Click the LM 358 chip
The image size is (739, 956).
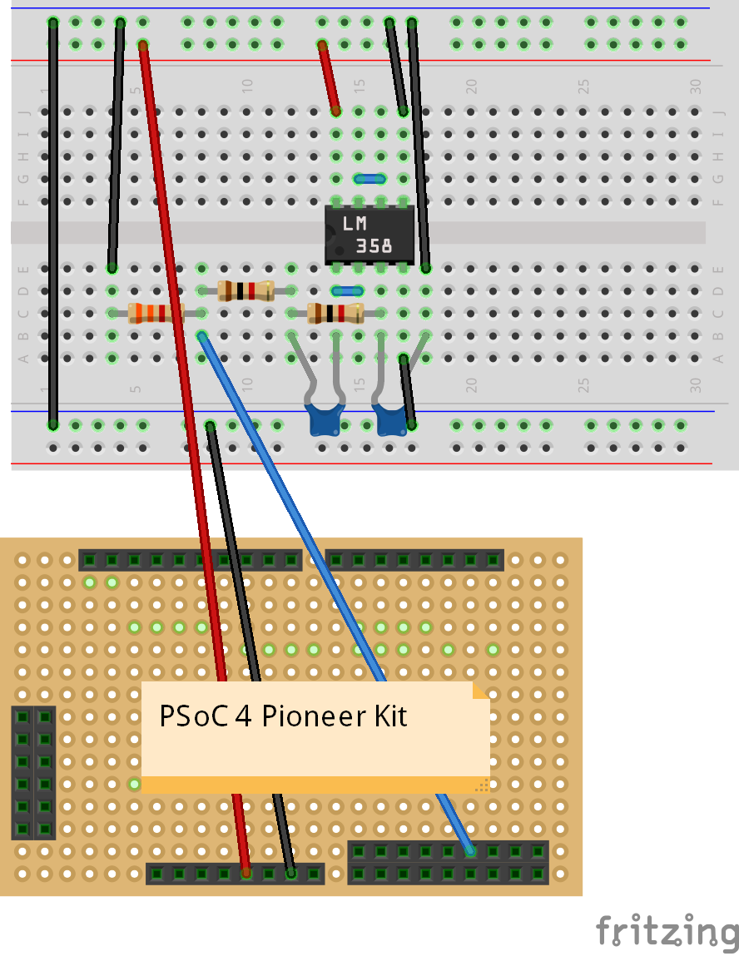pyautogui.click(x=369, y=235)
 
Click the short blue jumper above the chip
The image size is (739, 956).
pyautogui.click(x=369, y=178)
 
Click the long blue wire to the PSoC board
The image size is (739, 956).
pyautogui.click(x=333, y=582)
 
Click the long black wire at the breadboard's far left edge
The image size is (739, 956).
pyautogui.click(x=53, y=225)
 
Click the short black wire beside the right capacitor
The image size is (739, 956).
pyautogui.click(x=408, y=391)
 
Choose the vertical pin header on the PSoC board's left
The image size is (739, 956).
pyautogui.click(x=33, y=773)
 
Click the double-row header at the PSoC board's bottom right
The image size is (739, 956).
pyautogui.click(x=449, y=862)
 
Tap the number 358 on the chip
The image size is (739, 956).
pyautogui.click(x=374, y=246)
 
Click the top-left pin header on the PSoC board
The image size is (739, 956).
pyautogui.click(x=190, y=560)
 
